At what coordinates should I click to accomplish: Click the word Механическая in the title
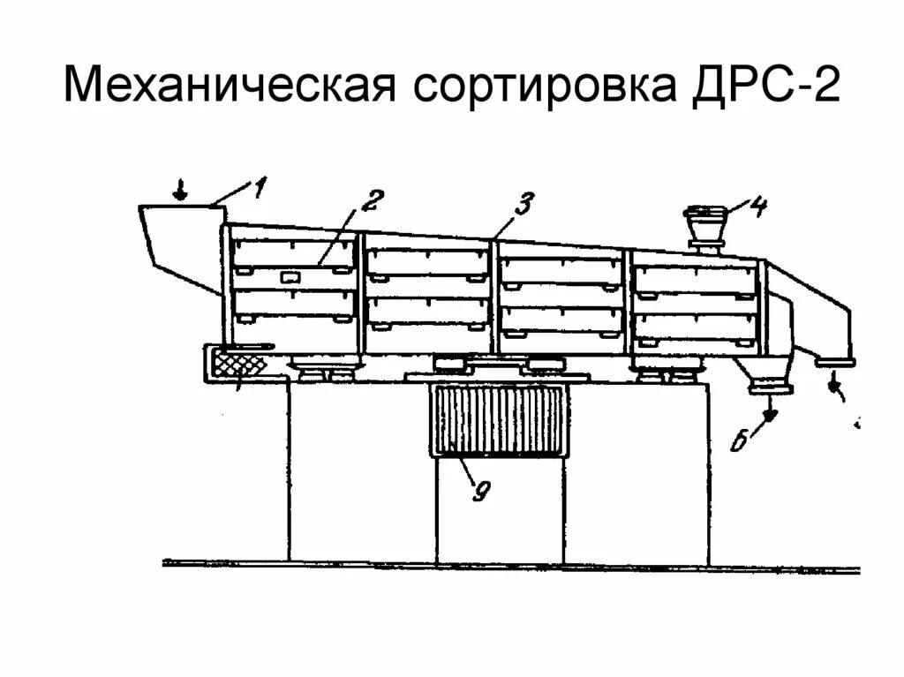coord(229,89)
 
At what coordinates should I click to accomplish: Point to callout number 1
coord(259,186)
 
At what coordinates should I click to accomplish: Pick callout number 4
coord(758,207)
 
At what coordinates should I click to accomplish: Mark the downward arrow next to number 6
coord(770,411)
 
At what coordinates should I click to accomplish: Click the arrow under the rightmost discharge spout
coord(834,383)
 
